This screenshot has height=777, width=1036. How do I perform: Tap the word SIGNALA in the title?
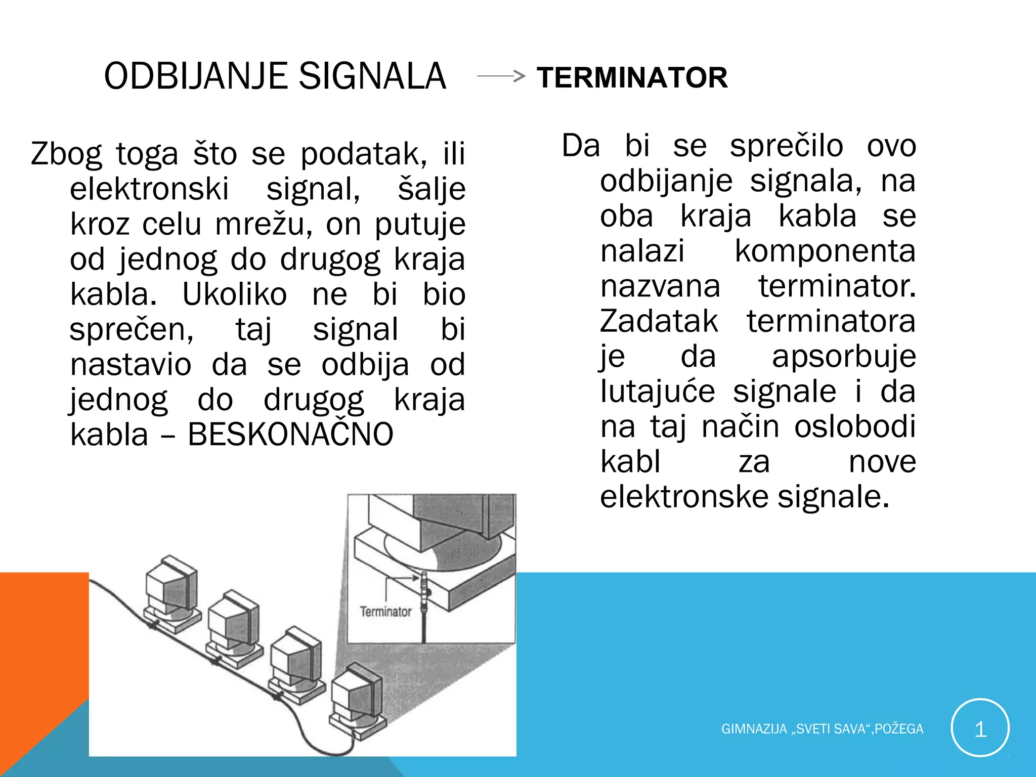point(372,76)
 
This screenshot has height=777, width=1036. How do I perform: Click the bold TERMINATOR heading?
point(632,78)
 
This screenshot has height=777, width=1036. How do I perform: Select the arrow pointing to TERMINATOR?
point(501,76)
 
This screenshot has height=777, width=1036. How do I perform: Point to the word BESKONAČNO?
point(290,435)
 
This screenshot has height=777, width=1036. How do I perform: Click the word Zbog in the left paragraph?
point(66,155)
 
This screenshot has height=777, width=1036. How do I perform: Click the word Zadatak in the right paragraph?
point(659,321)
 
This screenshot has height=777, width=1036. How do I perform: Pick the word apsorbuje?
point(843,357)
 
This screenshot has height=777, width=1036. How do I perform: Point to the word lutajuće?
point(658,392)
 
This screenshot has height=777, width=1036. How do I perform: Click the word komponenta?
point(825,251)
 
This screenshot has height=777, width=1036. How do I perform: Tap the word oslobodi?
point(855,426)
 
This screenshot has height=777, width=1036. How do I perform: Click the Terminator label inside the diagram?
point(385,612)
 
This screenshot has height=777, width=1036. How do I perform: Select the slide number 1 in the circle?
point(980,728)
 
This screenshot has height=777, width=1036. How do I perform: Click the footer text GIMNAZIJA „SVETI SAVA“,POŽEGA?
point(822,729)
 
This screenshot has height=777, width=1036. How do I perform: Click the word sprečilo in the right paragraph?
point(786,146)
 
